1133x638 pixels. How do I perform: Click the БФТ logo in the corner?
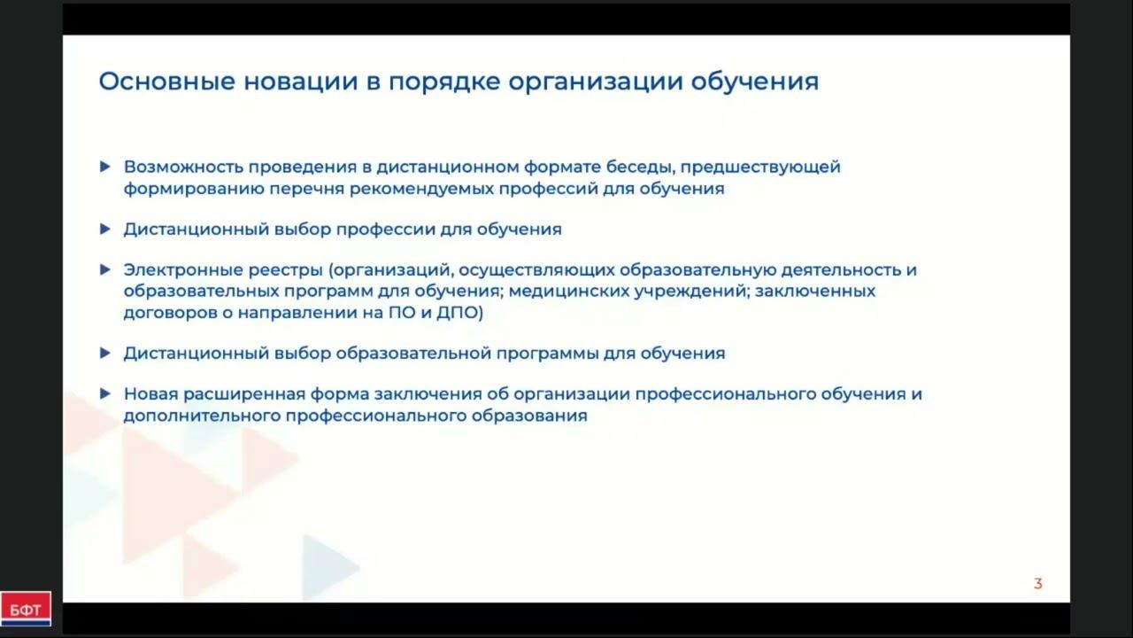(x=26, y=609)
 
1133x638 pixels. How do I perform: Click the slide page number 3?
(x=1038, y=584)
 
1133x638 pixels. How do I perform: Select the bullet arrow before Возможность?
(x=105, y=167)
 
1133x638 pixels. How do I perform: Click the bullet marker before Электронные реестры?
(x=105, y=269)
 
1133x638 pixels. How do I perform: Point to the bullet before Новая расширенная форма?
(x=105, y=393)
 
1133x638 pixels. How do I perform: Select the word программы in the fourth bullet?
(x=548, y=353)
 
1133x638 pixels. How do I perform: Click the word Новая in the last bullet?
(x=148, y=393)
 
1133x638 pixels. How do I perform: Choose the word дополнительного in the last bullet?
(x=201, y=415)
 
